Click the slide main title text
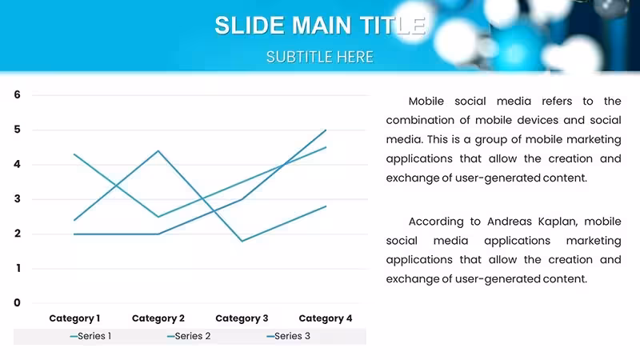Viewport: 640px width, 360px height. pos(321,26)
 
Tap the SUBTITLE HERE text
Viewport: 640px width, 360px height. pos(319,57)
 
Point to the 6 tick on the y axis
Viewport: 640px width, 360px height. pos(17,94)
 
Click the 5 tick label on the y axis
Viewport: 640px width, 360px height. pos(17,130)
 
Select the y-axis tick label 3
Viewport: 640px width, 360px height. pos(17,198)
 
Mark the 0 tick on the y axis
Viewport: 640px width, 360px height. pos(17,303)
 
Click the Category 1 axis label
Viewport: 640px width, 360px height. pos(74,318)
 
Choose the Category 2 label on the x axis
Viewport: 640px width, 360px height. pos(158,318)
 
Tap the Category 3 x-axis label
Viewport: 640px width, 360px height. pos(242,318)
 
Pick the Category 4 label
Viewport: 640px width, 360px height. pos(326,318)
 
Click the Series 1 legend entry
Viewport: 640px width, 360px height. pos(90,336)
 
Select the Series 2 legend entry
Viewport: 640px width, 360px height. pos(189,336)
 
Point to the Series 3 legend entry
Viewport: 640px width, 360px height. pos(289,336)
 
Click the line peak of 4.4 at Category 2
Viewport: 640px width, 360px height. pos(158,151)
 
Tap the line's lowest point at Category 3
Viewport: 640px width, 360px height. pos(242,241)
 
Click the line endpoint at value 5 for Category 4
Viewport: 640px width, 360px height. pos(326,130)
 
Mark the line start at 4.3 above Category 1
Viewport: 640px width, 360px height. pos(74,154)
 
